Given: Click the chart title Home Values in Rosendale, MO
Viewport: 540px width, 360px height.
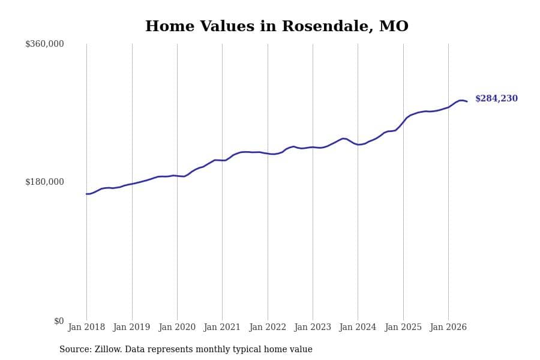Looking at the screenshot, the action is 277,26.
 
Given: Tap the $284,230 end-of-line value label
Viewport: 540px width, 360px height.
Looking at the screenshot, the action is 496,98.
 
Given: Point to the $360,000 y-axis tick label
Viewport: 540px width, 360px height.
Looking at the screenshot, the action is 44,44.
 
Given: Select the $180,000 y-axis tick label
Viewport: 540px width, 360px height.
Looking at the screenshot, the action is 44,182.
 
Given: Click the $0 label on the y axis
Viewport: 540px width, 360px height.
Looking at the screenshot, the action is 59,321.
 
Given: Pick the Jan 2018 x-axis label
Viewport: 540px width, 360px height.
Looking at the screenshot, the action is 86,327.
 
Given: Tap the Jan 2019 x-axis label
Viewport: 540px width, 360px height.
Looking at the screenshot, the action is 131,327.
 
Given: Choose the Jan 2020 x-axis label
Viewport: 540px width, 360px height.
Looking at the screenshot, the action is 177,327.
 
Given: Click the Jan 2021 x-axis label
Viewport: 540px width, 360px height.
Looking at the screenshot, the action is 222,327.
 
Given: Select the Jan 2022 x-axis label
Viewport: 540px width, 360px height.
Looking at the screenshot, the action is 268,327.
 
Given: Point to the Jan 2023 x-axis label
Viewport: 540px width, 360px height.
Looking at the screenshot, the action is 313,327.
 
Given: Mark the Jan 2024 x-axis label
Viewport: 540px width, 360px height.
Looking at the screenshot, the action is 358,327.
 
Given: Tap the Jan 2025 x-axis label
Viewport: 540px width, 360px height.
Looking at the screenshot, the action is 403,327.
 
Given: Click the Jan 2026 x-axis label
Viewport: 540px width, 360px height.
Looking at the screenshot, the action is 448,327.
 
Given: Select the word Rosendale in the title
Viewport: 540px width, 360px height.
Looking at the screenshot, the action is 327,26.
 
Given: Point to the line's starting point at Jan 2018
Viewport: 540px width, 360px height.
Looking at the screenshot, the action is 87,194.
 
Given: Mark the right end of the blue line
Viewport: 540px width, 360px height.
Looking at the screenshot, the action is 467,101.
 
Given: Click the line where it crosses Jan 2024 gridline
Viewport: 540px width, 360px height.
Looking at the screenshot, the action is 358,145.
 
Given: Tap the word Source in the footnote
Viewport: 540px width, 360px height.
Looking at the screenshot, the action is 76,349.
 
